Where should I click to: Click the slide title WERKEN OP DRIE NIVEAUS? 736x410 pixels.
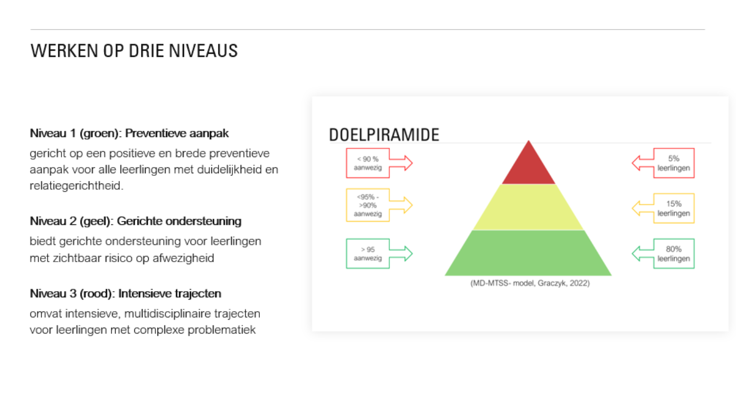click(x=134, y=51)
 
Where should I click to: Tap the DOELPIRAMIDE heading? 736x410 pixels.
click(x=384, y=135)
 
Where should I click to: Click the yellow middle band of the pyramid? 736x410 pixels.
click(x=528, y=207)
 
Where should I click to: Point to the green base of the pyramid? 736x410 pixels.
click(x=528, y=253)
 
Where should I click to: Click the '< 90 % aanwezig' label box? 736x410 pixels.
click(x=368, y=163)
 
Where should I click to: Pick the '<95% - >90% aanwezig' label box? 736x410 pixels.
click(x=368, y=205)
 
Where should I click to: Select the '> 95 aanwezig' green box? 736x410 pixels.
click(x=368, y=253)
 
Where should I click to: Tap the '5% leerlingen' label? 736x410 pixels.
click(x=674, y=163)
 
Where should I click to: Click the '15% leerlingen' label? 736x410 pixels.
click(x=674, y=208)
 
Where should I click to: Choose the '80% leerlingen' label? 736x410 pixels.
click(x=674, y=253)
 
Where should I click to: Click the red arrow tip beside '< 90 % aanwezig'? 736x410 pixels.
click(x=413, y=163)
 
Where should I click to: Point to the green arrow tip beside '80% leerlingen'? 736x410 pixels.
click(x=632, y=253)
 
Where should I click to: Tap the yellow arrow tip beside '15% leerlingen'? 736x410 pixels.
click(x=632, y=208)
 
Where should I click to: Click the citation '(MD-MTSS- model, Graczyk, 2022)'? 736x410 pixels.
click(x=530, y=283)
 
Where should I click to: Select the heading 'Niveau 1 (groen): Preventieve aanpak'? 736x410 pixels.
click(x=129, y=133)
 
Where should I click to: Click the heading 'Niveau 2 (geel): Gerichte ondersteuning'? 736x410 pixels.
click(x=135, y=221)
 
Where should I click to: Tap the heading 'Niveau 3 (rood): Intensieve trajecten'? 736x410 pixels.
click(x=126, y=293)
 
